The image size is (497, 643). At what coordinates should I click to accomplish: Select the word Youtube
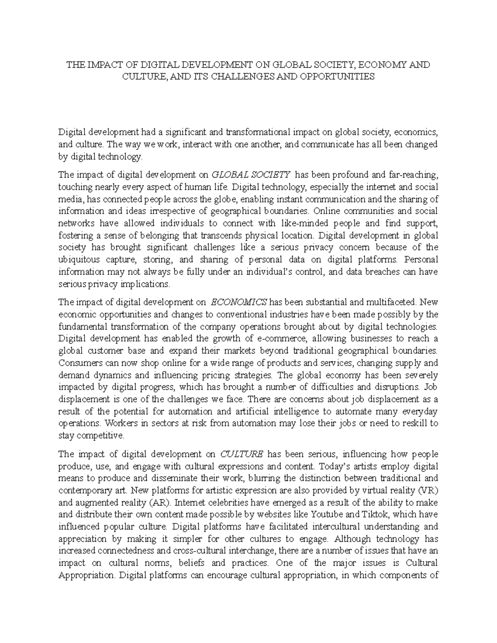point(327,515)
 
